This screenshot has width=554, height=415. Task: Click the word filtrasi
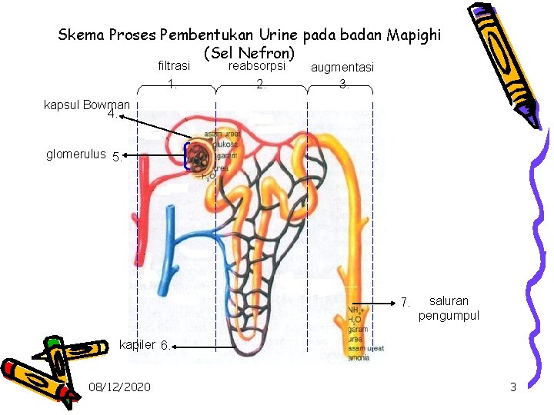[x=173, y=67]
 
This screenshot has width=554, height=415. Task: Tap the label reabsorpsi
[x=258, y=66]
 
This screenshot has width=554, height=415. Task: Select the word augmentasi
[x=342, y=68]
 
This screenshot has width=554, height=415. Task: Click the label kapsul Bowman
[x=87, y=104]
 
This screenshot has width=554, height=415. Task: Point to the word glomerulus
[x=75, y=154]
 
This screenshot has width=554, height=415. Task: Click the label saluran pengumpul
[x=449, y=307]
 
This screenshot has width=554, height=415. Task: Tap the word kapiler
[x=137, y=344]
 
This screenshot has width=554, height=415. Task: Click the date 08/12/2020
[x=119, y=386]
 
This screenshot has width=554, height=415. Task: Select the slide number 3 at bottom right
[x=513, y=387]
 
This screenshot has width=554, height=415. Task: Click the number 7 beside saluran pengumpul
[x=405, y=300]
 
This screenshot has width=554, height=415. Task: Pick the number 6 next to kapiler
[x=165, y=345]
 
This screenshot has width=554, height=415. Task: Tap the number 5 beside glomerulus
[x=116, y=157]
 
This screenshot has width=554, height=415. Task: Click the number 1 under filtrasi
[x=173, y=85]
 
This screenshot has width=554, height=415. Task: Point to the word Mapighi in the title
[x=410, y=35]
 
